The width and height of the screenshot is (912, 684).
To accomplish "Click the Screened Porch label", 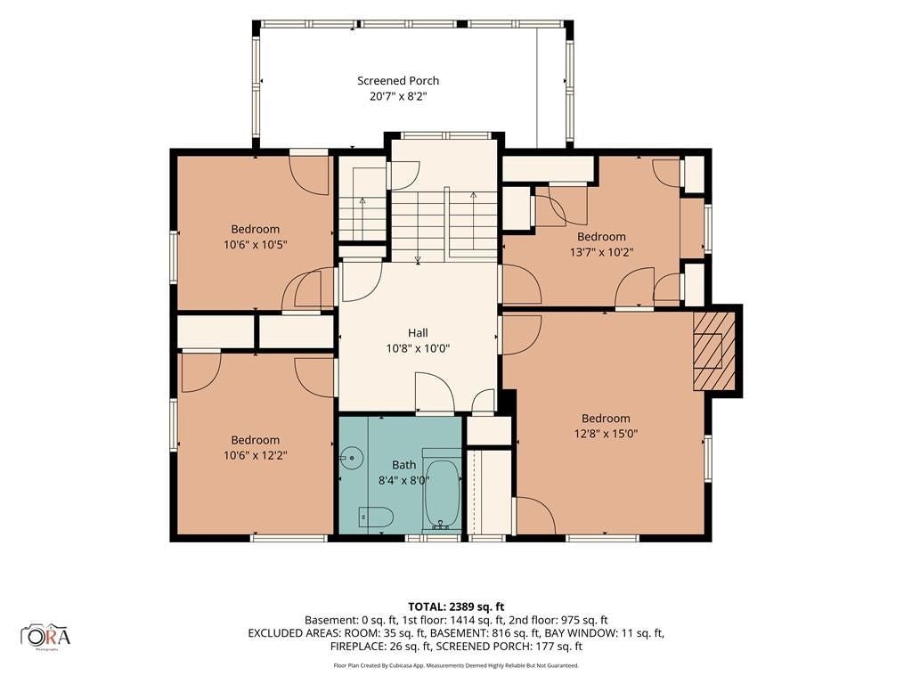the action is tap(398, 81).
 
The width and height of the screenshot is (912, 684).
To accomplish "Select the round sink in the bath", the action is tap(351, 458).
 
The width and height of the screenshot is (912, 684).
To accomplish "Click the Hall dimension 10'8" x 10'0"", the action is tap(418, 348).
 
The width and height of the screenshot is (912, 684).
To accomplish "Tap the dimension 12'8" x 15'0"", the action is tap(606, 434).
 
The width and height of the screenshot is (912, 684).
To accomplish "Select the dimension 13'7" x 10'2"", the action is tap(601, 252).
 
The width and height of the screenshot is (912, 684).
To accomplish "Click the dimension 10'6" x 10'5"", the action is tap(256, 244).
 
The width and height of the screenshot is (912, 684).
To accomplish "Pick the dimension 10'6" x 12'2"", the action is tap(256, 455).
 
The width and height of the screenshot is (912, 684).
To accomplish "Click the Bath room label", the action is tap(403, 465).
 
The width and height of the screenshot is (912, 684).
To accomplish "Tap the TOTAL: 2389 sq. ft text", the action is tap(456, 607).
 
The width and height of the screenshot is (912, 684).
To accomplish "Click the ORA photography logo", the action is tap(45, 636).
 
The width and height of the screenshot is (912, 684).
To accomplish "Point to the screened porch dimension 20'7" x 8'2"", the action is tap(398, 96).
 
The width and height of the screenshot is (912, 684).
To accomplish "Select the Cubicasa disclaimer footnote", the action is tap(456, 665).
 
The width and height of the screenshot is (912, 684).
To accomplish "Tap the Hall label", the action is tap(418, 333).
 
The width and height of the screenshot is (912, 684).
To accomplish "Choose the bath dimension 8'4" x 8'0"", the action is tap(403, 480).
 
